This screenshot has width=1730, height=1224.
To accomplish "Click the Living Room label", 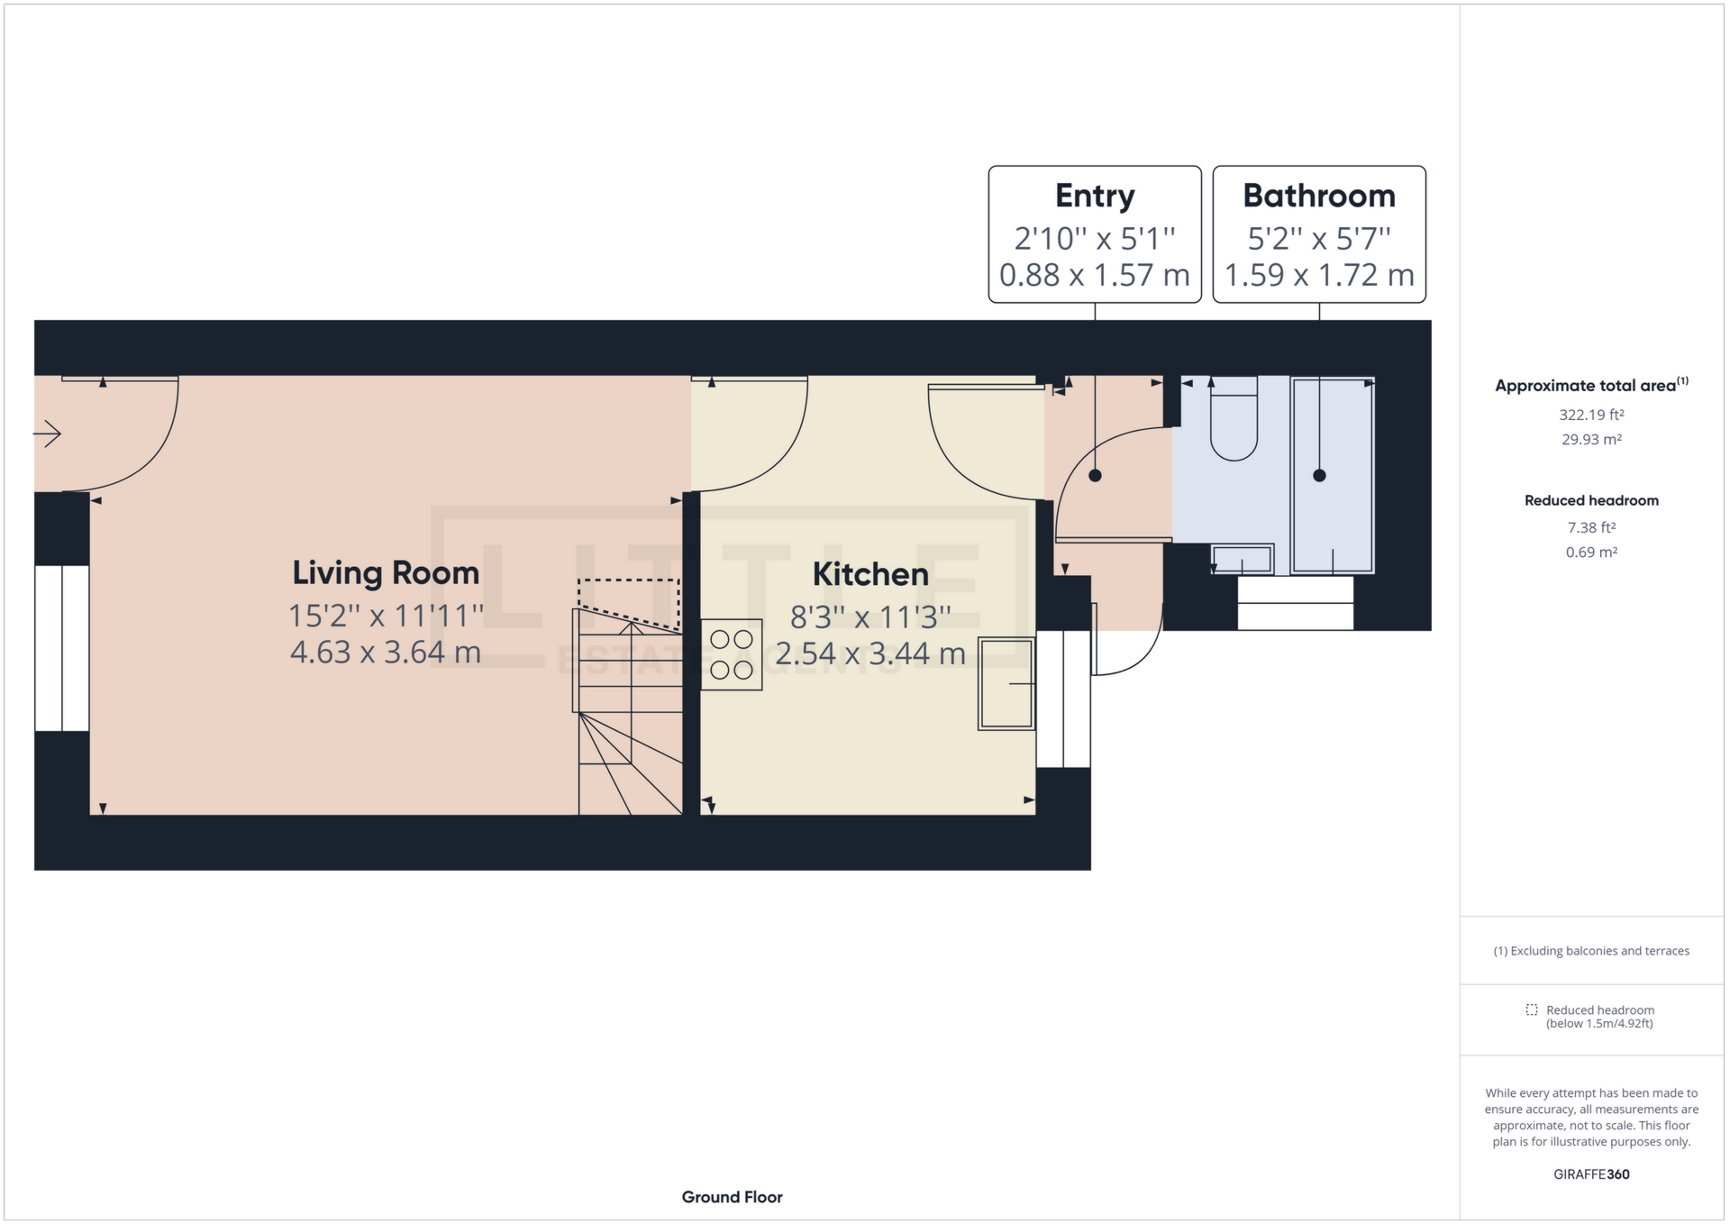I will (386, 573).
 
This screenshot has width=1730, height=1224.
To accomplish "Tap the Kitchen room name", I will (870, 574).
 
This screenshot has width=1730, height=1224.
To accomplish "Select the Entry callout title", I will (1095, 196).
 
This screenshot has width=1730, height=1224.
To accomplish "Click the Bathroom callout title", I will (1319, 196).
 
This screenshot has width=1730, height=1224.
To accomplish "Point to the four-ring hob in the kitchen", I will (732, 654).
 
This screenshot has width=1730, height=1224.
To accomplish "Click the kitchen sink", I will (1006, 683).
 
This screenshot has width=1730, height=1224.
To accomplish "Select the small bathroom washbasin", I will (1243, 560).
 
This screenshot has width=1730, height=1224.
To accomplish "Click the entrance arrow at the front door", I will (48, 434).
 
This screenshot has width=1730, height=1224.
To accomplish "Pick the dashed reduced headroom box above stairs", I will (629, 601).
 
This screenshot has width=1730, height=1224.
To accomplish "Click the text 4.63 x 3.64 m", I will (386, 652).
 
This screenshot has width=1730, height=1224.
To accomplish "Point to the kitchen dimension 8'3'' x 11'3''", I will (870, 617).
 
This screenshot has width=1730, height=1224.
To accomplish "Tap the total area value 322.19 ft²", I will (1591, 416).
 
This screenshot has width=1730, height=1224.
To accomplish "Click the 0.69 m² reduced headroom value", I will (1591, 553).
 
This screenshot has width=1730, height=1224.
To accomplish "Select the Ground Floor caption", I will (732, 1197).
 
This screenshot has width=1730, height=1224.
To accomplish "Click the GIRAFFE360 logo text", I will (1591, 1174).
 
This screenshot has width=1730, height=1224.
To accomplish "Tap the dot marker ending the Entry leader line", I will (1095, 476).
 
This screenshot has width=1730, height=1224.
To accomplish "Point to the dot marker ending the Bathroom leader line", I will (1319, 476).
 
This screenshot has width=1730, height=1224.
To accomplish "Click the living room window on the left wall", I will (62, 648).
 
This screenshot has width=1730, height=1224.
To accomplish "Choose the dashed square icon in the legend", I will (1531, 1009).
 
